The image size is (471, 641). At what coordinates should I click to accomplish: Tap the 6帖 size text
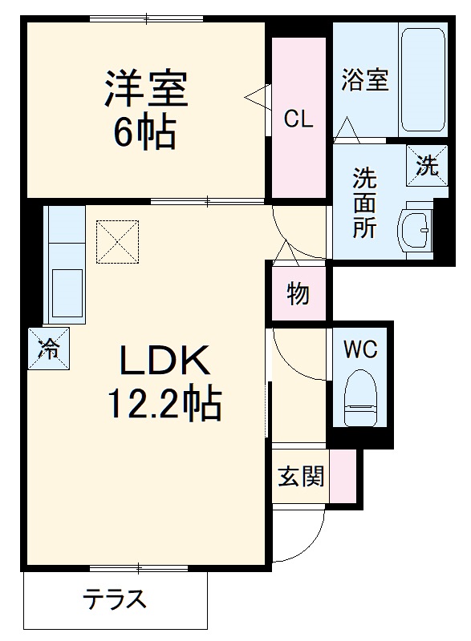pyautogui.click(x=144, y=131)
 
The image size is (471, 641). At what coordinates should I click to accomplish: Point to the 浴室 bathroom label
pyautogui.click(x=365, y=80)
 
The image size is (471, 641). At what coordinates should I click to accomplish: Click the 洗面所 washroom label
pyautogui.click(x=365, y=202)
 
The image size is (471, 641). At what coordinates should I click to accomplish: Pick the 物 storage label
pyautogui.click(x=298, y=294)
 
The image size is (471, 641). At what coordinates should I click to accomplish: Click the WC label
pyautogui.click(x=360, y=349)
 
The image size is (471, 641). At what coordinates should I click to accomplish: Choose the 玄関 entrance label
pyautogui.click(x=301, y=477)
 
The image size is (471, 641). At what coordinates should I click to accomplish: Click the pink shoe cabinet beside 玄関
pyautogui.click(x=343, y=477)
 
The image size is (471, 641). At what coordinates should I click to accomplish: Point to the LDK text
pyautogui.click(x=164, y=362)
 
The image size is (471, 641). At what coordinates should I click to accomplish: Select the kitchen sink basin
pyautogui.click(x=65, y=292)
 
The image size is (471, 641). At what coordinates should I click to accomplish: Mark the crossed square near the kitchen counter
pyautogui.click(x=117, y=241)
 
